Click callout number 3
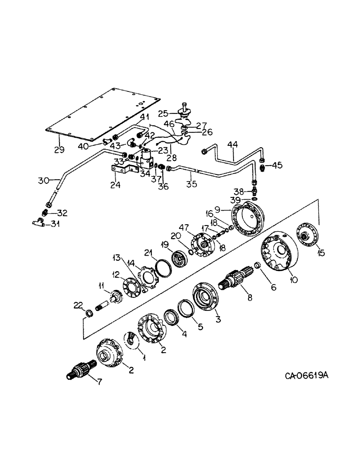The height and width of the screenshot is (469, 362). coord(217,318)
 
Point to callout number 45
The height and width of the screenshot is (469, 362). coord(278,165)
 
